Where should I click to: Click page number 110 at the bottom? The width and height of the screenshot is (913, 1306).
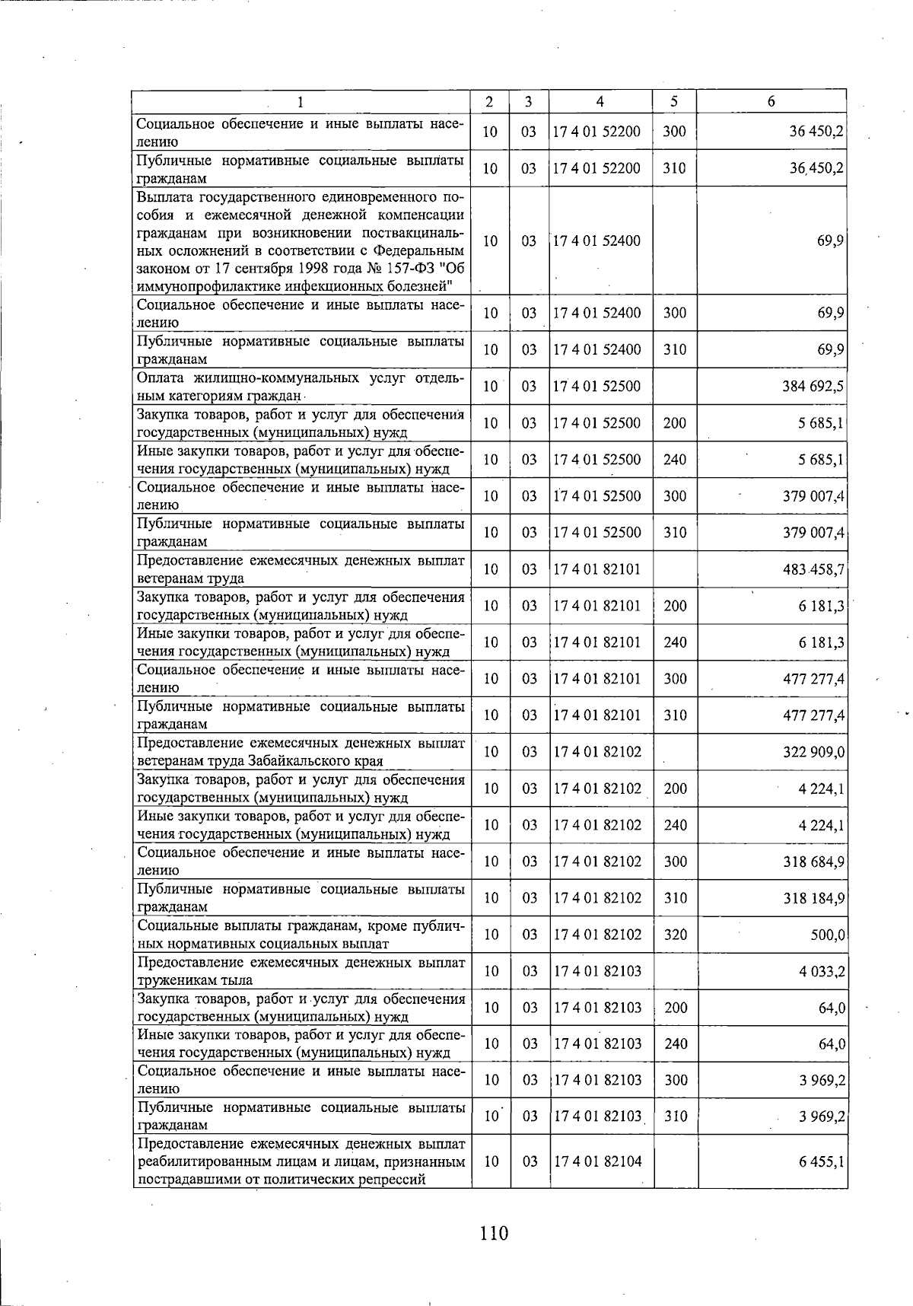[x=494, y=1232]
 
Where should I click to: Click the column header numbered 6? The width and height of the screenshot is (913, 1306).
[x=771, y=101]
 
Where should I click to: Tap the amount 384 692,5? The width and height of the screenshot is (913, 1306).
[x=813, y=386]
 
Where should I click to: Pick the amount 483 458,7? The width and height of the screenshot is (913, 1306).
[x=813, y=569]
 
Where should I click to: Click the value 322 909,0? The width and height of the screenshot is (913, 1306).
[x=813, y=752]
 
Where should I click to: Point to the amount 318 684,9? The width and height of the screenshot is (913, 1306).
[x=813, y=862]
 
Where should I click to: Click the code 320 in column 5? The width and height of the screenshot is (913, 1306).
[x=674, y=935]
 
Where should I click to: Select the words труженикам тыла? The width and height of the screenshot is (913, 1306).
[x=195, y=980]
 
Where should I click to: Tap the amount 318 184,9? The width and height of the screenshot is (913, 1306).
[x=813, y=898]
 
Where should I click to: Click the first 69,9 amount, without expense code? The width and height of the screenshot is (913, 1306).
[x=831, y=240]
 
